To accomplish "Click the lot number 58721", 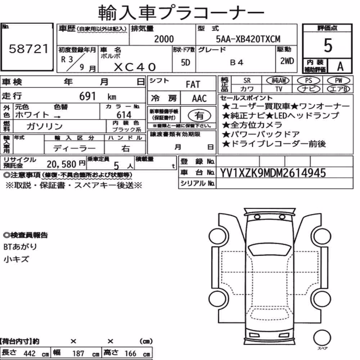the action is pos(29,49).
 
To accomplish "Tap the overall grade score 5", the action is pos(328,45).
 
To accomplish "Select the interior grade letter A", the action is pos(340,66).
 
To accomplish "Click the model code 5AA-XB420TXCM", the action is pos(248,39).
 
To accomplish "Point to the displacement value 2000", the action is pos(164,39).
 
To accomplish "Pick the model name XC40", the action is pos(135,67).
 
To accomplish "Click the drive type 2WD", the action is pos(287,61).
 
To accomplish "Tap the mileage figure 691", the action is pos(87,96).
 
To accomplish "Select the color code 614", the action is pos(124,114).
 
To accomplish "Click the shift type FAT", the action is pos(193,85).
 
